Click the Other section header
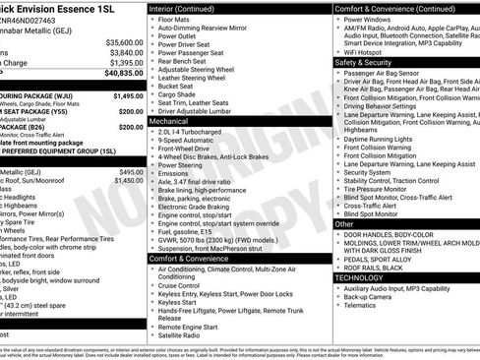[x=345, y=224]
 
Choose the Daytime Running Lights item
[x=385, y=140]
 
